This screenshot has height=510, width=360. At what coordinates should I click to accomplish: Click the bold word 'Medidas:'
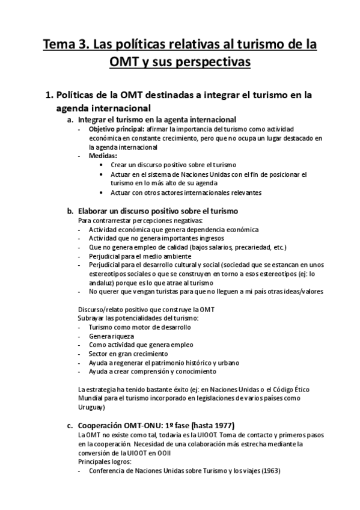[x=103, y=155]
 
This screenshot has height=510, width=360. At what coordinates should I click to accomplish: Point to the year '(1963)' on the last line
[x=269, y=470]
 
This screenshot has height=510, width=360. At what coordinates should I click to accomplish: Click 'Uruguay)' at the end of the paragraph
[x=92, y=407]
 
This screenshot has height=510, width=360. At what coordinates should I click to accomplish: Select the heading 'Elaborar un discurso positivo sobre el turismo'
[x=159, y=211]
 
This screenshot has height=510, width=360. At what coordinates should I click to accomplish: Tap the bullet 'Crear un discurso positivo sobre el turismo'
[x=174, y=164]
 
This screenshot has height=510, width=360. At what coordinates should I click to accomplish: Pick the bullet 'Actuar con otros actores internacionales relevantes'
[x=186, y=192]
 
